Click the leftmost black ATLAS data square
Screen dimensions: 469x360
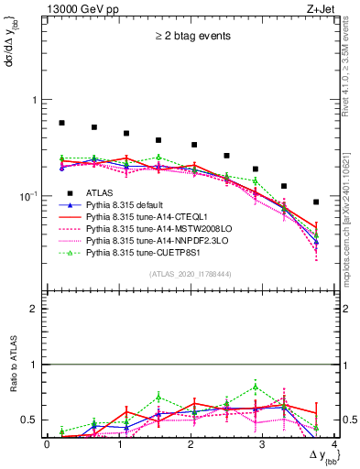pos(61,123)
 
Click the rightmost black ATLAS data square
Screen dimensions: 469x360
pos(316,202)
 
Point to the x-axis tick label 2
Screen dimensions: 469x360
pos(191,445)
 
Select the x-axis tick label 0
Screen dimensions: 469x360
pos(47,445)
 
